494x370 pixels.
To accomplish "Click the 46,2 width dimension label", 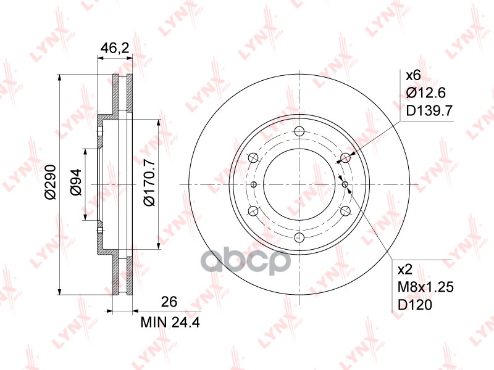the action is [115, 48].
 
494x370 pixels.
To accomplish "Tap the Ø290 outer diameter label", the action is [50, 182].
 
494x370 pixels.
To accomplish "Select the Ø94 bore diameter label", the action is [75, 183].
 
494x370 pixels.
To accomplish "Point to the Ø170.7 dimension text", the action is [149, 183].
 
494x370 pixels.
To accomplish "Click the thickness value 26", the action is [169, 302].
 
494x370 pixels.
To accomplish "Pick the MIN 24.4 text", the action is [170, 323].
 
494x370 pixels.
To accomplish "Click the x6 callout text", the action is [413, 75].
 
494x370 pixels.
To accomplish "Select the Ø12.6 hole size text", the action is [426, 93].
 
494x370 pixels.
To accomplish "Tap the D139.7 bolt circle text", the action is [429, 110].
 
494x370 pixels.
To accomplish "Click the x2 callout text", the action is [406, 269].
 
